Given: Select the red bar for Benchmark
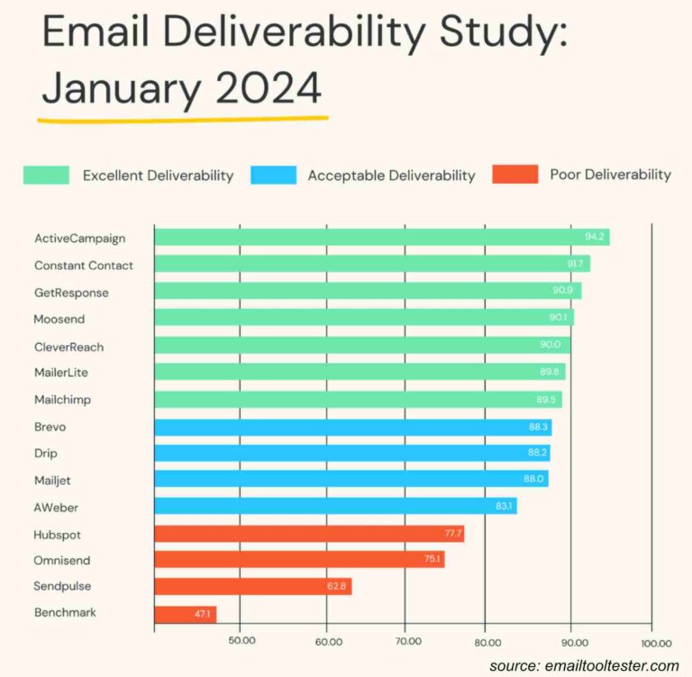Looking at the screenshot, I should [186, 614].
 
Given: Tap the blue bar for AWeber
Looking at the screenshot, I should [335, 506].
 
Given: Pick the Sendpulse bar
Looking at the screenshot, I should [252, 587].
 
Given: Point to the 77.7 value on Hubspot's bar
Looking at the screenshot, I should [450, 533].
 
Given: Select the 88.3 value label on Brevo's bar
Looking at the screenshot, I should [538, 426].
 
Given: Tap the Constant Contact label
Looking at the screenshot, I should [84, 266].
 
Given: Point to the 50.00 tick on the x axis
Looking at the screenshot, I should [240, 642].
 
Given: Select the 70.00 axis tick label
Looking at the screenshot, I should [406, 642].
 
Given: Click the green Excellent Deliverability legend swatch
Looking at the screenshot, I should [46, 176].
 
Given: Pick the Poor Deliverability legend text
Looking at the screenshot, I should [610, 175].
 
